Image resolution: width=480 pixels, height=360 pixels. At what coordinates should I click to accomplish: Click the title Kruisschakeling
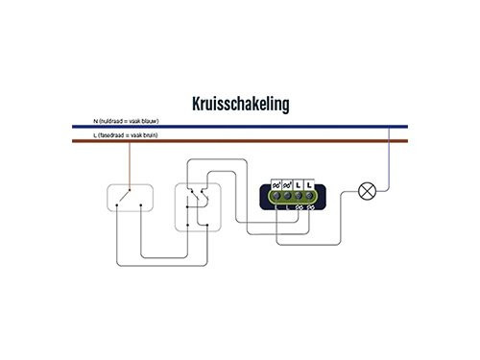pos(240,103)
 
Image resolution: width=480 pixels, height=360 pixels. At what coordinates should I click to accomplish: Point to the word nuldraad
pos(112,121)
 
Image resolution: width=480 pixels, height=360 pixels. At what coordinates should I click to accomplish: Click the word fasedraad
pos(113,136)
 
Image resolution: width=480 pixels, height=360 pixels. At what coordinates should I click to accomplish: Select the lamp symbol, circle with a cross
pos(366,190)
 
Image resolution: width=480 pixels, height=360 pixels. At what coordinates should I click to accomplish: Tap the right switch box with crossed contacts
pos(196,203)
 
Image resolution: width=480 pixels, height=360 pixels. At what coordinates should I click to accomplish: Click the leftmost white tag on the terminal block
pos(276,184)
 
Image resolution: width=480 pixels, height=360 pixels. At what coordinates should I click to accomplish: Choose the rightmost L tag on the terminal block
pos(310,184)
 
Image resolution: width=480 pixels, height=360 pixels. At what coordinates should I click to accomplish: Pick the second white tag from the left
pos(288,184)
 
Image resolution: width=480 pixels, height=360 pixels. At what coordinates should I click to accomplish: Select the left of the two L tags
pos(299,184)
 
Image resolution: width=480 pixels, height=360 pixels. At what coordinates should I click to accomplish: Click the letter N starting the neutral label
pos(95,121)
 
